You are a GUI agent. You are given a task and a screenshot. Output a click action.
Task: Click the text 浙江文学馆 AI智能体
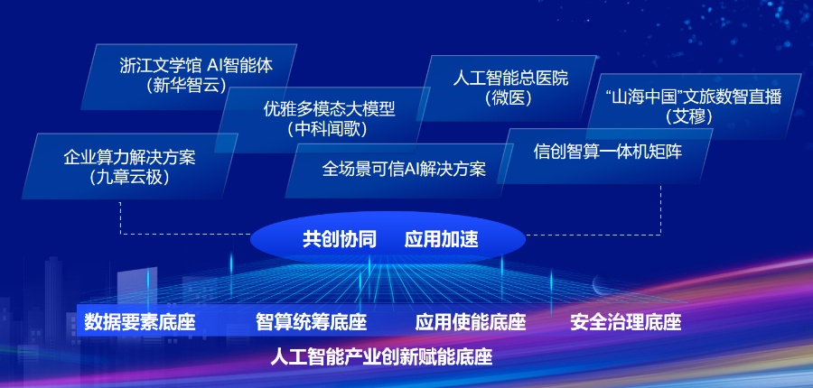196,66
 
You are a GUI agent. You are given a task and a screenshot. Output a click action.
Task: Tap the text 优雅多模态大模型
329,109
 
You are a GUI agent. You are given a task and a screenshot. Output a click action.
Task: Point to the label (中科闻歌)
327,128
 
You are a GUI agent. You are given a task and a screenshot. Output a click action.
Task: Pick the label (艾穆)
688,116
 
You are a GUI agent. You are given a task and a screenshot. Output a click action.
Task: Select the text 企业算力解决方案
129,157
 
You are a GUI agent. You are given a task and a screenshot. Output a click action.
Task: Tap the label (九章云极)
129,177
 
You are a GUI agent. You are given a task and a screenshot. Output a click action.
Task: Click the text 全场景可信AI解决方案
404,169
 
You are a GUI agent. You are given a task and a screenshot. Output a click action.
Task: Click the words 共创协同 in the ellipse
340,240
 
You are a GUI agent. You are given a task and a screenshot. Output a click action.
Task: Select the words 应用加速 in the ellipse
441,240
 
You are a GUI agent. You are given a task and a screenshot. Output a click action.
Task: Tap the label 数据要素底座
140,322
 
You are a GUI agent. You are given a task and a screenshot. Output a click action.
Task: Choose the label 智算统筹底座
311,322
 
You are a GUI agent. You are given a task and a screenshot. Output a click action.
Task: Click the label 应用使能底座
471,322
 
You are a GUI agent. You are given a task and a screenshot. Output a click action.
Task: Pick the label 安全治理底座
625,322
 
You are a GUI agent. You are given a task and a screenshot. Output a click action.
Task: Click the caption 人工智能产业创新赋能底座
381,357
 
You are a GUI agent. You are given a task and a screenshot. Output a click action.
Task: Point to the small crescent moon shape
597,283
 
